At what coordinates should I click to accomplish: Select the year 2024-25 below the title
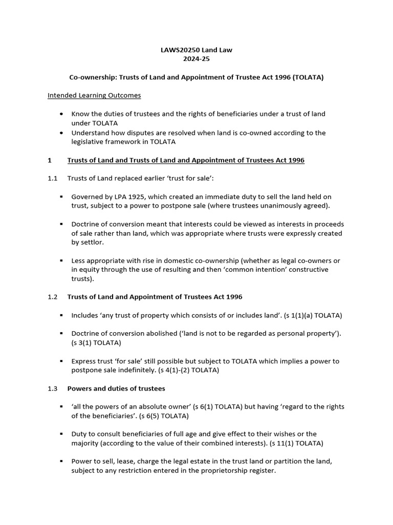[196, 59]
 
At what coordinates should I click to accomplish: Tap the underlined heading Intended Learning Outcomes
[94, 95]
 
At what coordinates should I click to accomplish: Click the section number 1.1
[53, 178]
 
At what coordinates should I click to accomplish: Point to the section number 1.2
[53, 297]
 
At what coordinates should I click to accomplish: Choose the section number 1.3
[53, 388]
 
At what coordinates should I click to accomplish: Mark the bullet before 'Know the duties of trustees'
[62, 114]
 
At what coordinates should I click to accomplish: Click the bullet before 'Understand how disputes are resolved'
[62, 133]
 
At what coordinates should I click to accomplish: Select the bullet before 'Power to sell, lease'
[61, 461]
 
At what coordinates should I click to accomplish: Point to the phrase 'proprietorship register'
[238, 471]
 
